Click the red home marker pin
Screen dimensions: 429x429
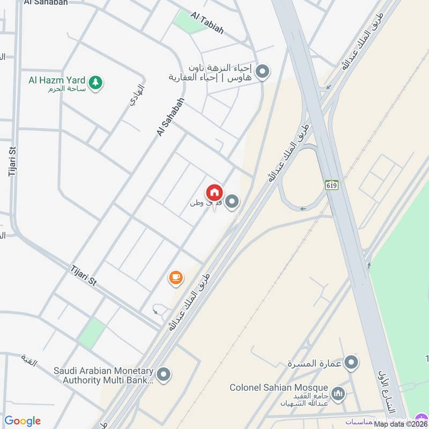tap(214, 193)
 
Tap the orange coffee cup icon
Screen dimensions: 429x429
tap(176, 277)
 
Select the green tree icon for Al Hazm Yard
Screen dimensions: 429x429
tap(95, 83)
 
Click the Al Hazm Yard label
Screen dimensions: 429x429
tap(57, 80)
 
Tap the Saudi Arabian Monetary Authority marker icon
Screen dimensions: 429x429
tap(164, 374)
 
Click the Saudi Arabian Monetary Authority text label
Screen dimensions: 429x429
tap(103, 375)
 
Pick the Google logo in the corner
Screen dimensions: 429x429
tap(23, 421)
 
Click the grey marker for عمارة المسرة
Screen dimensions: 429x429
tap(352, 363)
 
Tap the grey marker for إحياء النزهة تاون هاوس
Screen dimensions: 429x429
tap(263, 71)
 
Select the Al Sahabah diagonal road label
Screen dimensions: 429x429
tap(171, 116)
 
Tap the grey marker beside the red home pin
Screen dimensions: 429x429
tap(232, 202)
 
